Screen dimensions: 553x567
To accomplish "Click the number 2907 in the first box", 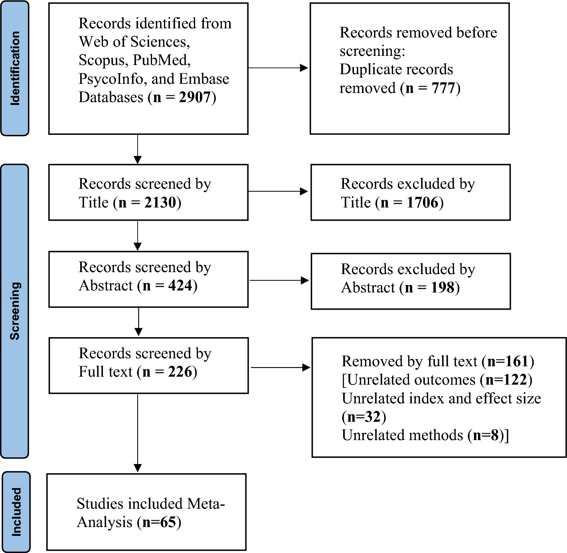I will coord(194,97).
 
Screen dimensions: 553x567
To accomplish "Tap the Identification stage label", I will coord(15,68).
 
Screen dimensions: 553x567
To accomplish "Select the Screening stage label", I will coord(15,311).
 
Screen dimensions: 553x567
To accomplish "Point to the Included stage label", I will coord(16,512).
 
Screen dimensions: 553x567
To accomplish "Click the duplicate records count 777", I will coord(443,88).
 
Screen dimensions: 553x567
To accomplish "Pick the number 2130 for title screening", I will coord(160,202).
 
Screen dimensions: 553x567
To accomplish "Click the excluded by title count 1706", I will coord(423,202).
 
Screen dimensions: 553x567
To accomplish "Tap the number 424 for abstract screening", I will coord(180,286).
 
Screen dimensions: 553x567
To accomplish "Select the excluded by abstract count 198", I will coord(443,287).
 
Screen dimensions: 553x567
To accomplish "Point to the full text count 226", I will coord(180,372).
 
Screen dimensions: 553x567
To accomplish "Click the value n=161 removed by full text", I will coord(508,361).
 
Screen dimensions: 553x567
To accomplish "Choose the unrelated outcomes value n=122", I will coord(506,380).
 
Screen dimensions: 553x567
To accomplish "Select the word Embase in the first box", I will coord(204,79).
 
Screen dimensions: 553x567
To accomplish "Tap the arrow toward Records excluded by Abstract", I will coord(279,280).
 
